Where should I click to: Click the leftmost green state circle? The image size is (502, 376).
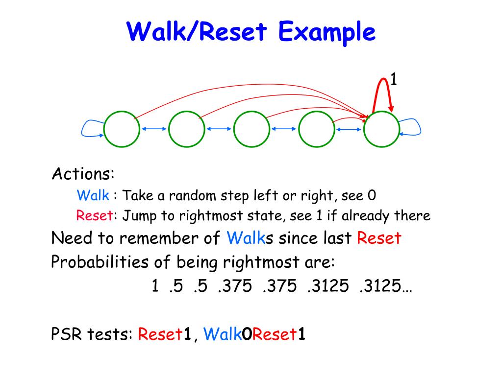pyautogui.click(x=122, y=129)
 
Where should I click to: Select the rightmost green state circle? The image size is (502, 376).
pyautogui.click(x=382, y=129)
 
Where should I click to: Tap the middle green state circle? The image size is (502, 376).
pyautogui.click(x=251, y=129)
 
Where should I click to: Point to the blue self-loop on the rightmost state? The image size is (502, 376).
pyautogui.click(x=411, y=128)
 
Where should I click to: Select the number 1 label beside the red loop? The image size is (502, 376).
pyautogui.click(x=393, y=79)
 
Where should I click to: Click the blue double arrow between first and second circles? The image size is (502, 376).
pyautogui.click(x=154, y=129)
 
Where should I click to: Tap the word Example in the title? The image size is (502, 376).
pyautogui.click(x=327, y=33)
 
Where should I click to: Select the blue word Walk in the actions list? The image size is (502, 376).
pyautogui.click(x=93, y=196)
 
